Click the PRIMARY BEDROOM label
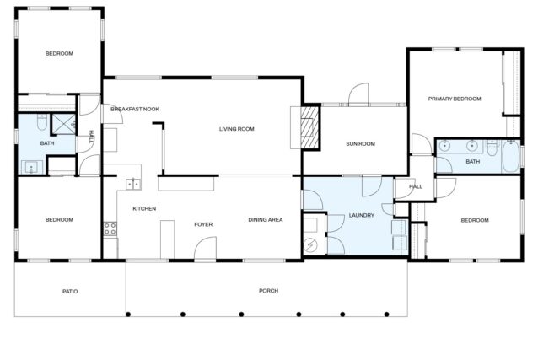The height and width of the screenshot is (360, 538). point(455,99)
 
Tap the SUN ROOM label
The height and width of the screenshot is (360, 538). point(360,144)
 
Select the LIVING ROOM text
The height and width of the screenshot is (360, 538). point(236,129)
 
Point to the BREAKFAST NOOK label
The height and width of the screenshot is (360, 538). point(135,109)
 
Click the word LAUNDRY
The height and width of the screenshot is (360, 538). point(361,215)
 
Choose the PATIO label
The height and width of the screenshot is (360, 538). point(70,292)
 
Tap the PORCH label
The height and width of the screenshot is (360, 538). point(268,291)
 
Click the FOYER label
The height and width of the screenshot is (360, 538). point(203,224)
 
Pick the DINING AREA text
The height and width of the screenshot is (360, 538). point(266,220)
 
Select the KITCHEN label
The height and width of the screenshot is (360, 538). point(144,208)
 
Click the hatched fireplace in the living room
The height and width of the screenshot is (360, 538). point(310,127)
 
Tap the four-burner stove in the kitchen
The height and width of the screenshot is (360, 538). point(110,228)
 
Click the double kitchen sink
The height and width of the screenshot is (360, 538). point(133,185)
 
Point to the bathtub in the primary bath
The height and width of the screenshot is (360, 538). point(511,157)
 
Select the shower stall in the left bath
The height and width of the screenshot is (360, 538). point(63,124)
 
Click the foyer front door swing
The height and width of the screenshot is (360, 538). point(205,248)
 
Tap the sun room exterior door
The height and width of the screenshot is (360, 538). point(358,94)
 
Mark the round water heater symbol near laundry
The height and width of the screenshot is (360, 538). point(310,244)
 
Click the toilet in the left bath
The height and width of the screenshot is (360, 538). point(42,122)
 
